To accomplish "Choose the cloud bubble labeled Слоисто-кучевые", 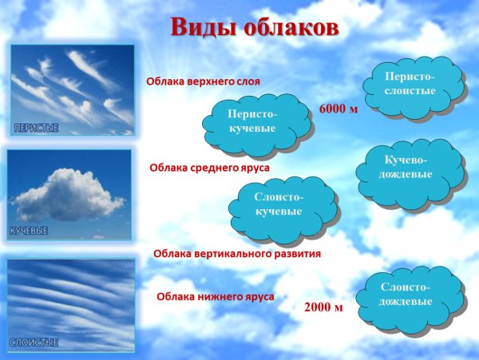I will [279, 204].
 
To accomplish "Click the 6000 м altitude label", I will [338, 108].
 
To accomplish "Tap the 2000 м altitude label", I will [324, 307].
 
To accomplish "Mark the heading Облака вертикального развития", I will [236, 254].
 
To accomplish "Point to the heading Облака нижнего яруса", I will [216, 297].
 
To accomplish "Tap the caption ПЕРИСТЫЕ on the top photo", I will [36, 128].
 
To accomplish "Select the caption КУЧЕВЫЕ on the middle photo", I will [29, 230].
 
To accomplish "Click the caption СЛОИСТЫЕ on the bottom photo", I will [34, 342].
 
